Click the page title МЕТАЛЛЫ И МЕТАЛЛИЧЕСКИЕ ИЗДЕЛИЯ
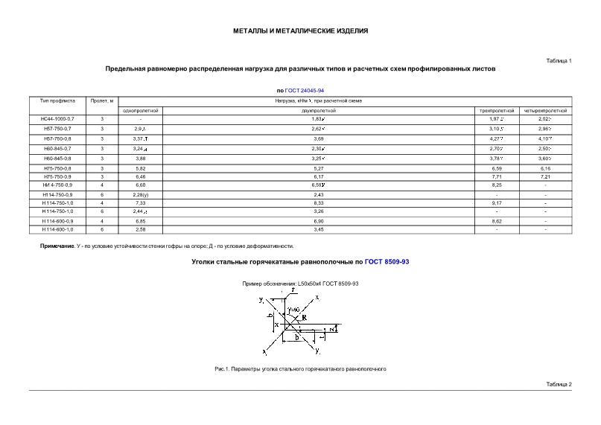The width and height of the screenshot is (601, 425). tap(300, 31)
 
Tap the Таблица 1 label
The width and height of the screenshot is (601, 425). tap(559, 60)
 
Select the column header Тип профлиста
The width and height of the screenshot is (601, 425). tap(57, 100)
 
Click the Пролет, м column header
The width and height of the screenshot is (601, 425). tap(102, 100)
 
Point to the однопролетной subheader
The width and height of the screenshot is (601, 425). tap(141, 110)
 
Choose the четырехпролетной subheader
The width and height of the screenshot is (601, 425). tap(545, 110)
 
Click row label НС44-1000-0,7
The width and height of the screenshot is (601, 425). tap(57, 119)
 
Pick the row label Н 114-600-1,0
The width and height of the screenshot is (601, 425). tap(57, 229)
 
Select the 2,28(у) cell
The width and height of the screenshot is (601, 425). tap(141, 195)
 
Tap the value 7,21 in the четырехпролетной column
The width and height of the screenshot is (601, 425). tap(545, 177)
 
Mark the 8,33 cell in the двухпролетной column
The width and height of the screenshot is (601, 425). tap(317, 202)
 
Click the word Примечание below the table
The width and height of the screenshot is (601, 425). tap(57, 246)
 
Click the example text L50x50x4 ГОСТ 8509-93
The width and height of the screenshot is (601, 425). tap(328, 284)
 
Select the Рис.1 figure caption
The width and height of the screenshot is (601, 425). tap(300, 369)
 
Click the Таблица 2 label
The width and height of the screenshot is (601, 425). tap(559, 383)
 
